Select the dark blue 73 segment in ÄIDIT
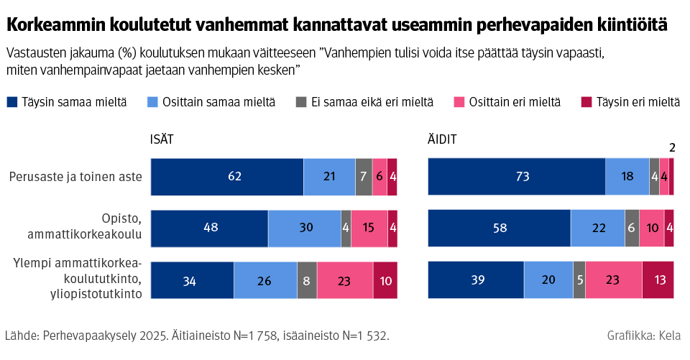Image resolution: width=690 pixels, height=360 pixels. [516, 177]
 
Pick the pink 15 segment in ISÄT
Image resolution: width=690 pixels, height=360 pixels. [369, 229]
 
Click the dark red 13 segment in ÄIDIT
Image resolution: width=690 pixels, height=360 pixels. [658, 280]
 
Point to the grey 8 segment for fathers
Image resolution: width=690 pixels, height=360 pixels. [307, 280]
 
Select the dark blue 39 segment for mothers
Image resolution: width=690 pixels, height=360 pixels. [476, 280]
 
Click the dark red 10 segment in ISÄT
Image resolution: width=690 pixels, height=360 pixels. [385, 280]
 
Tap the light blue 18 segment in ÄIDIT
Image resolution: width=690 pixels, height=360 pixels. [627, 177]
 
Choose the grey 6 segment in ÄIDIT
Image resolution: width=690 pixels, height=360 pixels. [632, 229]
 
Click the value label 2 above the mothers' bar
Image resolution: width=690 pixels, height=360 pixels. [672, 148]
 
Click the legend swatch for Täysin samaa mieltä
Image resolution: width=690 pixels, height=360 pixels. [11, 103]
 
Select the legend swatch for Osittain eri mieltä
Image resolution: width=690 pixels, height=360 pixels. [459, 103]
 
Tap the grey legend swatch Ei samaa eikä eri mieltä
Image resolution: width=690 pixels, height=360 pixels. [301, 103]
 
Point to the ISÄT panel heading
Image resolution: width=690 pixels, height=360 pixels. [162, 140]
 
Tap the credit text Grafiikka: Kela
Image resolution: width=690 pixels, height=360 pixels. [644, 336]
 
